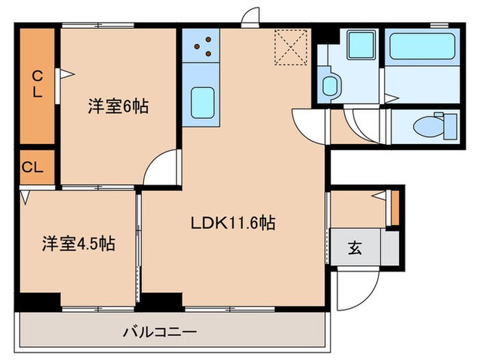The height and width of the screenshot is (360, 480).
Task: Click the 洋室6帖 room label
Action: pos(118,106)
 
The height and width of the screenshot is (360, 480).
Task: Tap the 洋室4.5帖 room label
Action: pos(77,243)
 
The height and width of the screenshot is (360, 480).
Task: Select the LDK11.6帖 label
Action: pos(232,223)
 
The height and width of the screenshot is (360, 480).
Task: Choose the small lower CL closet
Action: pos(33,167)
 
